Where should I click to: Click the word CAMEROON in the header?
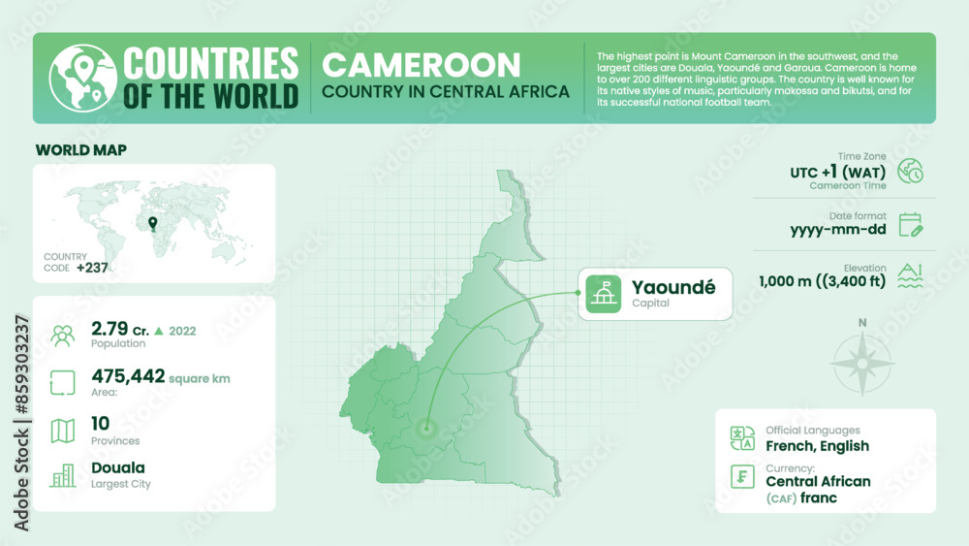(421, 65)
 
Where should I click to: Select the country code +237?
(93, 268)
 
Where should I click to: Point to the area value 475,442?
(127, 376)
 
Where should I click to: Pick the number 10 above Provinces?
(101, 423)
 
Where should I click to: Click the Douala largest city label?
(118, 468)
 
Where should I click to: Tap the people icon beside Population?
(63, 336)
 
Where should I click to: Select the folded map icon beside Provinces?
(63, 430)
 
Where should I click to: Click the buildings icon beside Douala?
(63, 475)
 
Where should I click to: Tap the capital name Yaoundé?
(673, 287)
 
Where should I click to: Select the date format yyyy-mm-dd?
(835, 230)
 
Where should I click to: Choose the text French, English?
(817, 446)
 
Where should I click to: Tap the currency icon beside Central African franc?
(742, 478)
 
